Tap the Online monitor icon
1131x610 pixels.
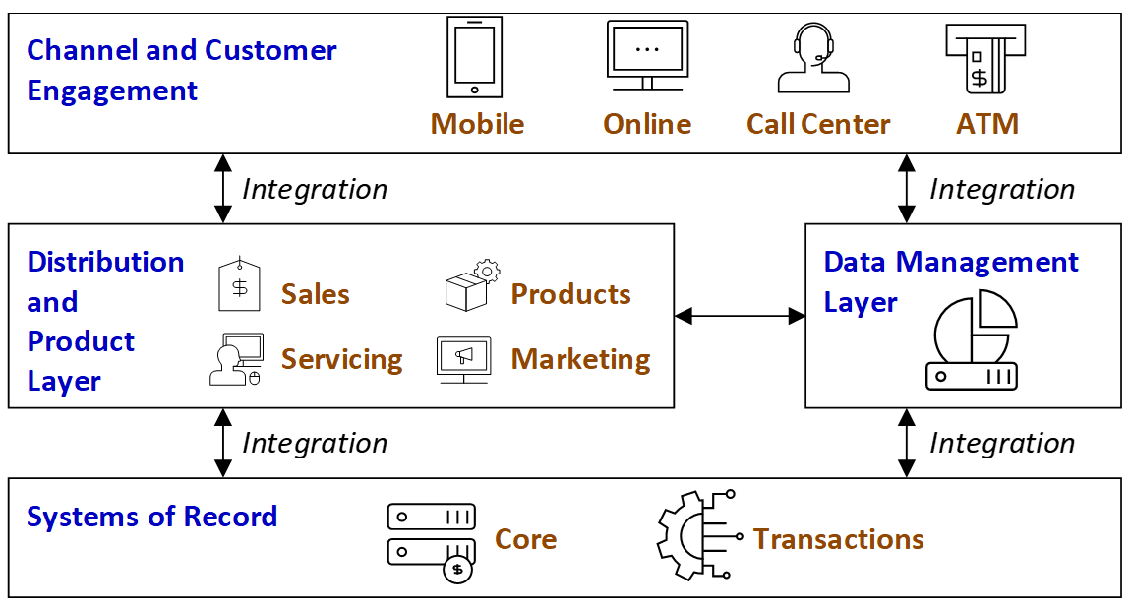[x=647, y=55]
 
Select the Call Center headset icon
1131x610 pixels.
[x=813, y=58]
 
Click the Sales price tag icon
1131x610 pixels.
[x=239, y=285]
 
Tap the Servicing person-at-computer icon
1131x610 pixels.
[x=236, y=359]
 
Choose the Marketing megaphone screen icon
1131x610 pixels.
[x=463, y=359]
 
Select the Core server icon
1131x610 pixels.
[x=432, y=542]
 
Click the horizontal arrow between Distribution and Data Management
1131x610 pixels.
[x=740, y=316]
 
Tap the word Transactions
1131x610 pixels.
[x=838, y=539]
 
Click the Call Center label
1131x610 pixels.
[x=818, y=124]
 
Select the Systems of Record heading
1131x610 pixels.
[x=152, y=517]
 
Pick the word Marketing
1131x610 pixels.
[x=580, y=359]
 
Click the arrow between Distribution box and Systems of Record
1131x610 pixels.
[x=223, y=443]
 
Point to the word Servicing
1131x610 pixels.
[x=341, y=360]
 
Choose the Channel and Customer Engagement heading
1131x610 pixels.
[x=182, y=71]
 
